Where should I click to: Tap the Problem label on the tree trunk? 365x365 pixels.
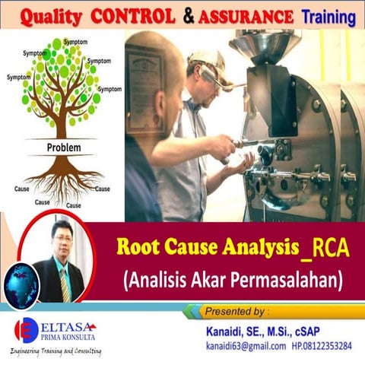[64, 148]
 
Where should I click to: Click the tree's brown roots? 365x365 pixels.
[64, 179]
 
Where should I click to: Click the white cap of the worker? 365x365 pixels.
[205, 57]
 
